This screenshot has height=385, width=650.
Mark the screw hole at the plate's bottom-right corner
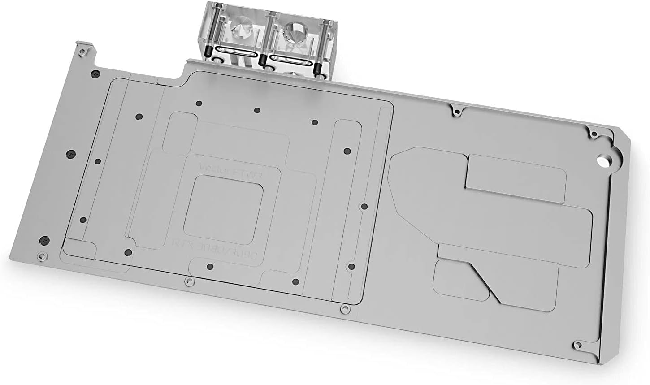(x=581, y=345)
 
